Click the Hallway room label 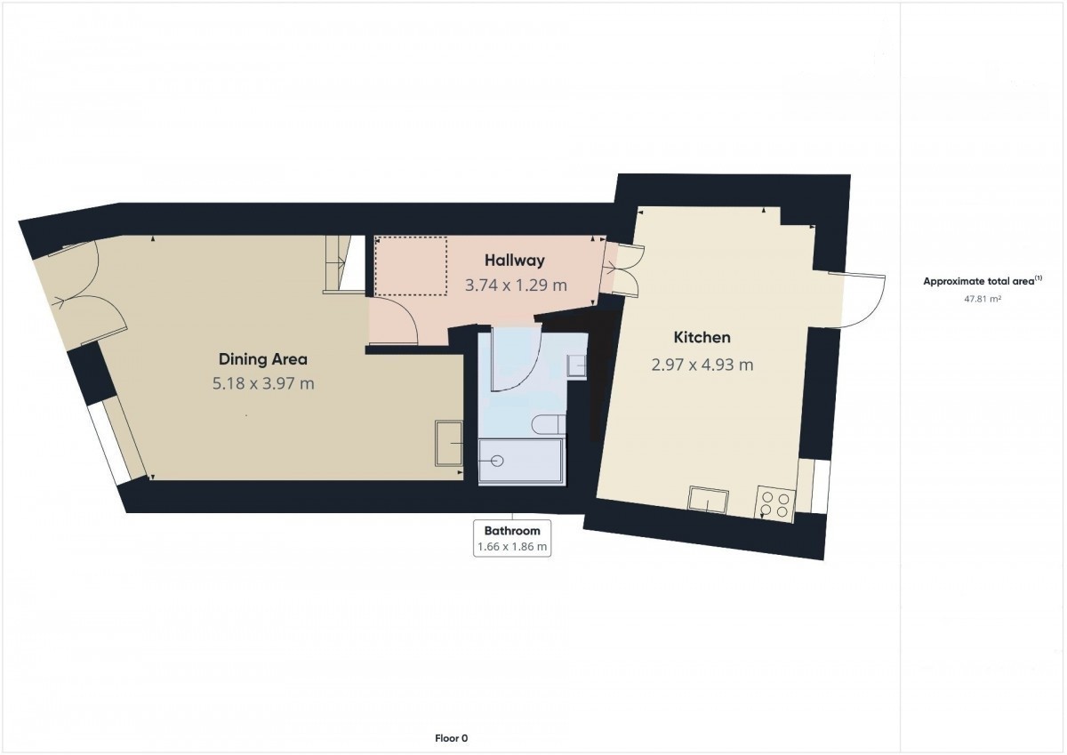pos(515,261)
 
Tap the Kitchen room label pos(702,338)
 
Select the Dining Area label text pos(263,359)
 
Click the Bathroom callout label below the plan pos(512,531)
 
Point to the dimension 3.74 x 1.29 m pos(516,285)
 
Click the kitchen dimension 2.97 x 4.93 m pos(702,365)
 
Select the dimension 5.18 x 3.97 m pos(263,383)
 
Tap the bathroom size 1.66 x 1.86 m pos(512,546)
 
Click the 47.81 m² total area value pos(983,299)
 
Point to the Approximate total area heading pos(983,281)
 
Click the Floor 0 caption pos(451,738)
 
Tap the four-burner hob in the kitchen pos(774,504)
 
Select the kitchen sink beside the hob pos(708,500)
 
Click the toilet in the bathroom pos(549,424)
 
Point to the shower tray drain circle pos(497,461)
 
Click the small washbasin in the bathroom pos(577,366)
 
